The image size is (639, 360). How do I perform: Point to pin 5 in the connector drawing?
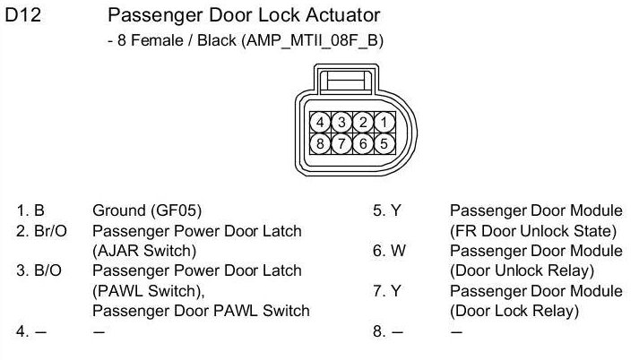pyautogui.click(x=383, y=142)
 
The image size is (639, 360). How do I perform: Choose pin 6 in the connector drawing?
pyautogui.click(x=362, y=142)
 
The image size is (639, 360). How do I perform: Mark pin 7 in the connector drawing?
pyautogui.click(x=341, y=142)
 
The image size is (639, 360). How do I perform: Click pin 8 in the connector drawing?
pyautogui.click(x=320, y=142)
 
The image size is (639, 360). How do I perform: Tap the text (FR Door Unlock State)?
pyautogui.click(x=536, y=231)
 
